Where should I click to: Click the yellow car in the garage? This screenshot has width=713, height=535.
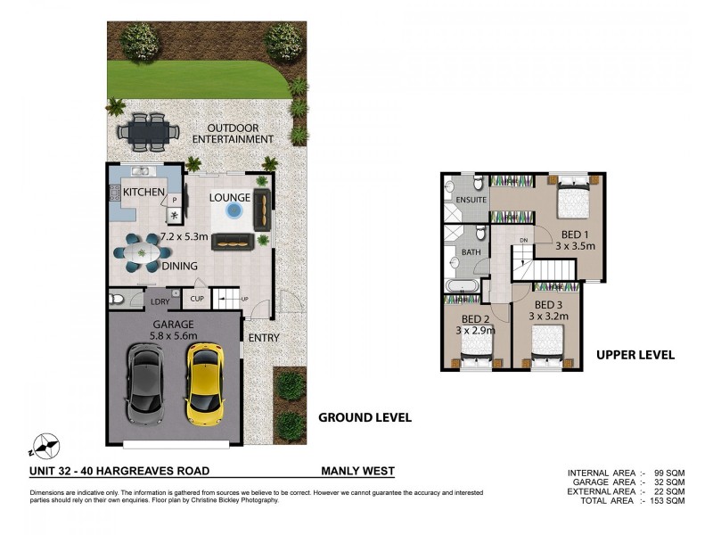tap(205, 383)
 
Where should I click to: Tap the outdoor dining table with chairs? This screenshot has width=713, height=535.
tap(148, 132)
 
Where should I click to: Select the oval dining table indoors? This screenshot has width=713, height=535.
tap(143, 253)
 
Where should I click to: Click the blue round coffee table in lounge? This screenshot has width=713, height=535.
tap(234, 210)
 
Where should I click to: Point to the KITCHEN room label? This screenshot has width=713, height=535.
tap(143, 192)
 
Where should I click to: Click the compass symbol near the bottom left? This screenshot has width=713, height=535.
tap(44, 445)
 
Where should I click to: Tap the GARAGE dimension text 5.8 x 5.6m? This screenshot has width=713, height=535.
tap(174, 336)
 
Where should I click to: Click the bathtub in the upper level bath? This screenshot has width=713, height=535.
tap(462, 285)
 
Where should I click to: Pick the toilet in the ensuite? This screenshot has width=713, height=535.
tap(479, 184)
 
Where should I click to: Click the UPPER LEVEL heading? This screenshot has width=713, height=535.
tap(635, 355)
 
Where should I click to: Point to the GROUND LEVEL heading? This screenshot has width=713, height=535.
tap(365, 417)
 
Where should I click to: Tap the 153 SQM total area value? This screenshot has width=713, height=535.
tap(667, 501)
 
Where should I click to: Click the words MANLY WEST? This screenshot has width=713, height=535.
tap(358, 471)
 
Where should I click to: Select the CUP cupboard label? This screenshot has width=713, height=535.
tap(197, 299)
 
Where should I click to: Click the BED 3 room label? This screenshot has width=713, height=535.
tap(548, 305)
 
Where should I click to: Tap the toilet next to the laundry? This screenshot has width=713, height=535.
tap(117, 299)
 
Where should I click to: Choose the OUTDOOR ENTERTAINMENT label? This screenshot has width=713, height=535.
tap(233, 134)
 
